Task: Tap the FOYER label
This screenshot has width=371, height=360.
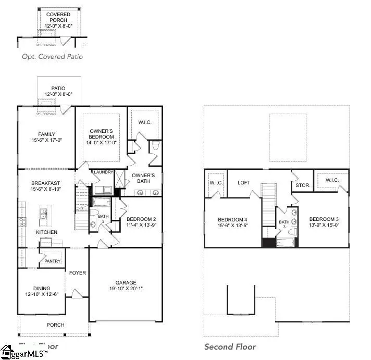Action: pos(77,272)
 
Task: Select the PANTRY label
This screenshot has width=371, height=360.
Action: pos(53,261)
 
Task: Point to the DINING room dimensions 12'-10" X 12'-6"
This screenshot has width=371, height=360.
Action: pos(42,295)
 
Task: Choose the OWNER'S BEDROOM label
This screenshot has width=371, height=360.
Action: pos(102,133)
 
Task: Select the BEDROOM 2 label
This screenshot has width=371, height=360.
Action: pos(141,219)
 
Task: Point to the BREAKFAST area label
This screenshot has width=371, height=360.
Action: pos(46,183)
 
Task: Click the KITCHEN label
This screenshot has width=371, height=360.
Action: pos(46,232)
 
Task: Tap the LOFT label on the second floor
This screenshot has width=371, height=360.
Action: pos(244,183)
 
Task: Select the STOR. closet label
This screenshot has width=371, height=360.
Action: pos(302,184)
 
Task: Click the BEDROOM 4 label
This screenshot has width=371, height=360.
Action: pos(232,219)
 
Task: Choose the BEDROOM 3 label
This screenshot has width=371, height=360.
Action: pos(324,219)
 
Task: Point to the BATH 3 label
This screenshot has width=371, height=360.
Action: pos(283,224)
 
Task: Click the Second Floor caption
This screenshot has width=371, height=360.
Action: pos(230,346)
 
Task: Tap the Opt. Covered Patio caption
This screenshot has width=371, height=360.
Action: pos(52,56)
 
